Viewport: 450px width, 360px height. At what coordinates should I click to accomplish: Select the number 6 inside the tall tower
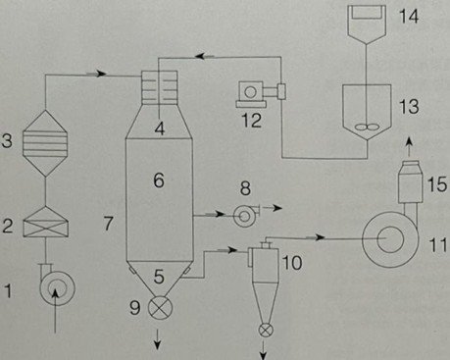click(x=159, y=179)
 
